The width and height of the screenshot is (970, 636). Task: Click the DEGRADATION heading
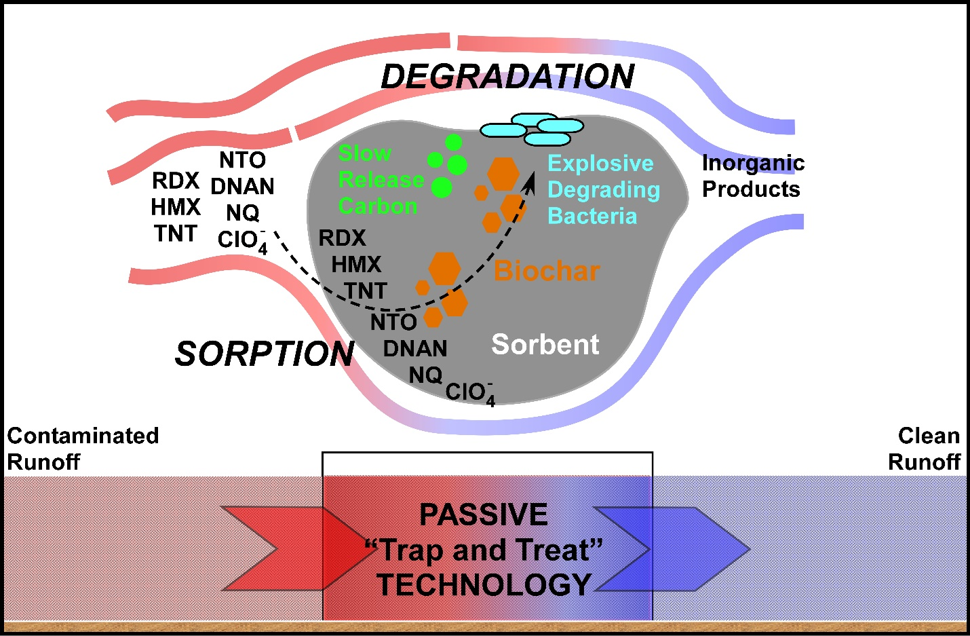507,77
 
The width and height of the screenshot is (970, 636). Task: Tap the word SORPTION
265,354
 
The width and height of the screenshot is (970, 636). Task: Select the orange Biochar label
547,271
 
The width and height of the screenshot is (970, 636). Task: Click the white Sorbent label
545,345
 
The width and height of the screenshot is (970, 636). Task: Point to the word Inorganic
753,163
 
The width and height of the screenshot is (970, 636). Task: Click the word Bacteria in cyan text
592,217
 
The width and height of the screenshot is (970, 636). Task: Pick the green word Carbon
378,206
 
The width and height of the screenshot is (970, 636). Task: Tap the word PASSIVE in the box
484,515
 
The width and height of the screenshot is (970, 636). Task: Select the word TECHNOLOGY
484,584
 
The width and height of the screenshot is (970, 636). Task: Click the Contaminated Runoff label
83,449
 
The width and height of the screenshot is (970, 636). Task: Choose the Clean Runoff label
925,449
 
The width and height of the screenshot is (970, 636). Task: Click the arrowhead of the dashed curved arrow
531,180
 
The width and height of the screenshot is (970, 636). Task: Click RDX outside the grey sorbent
176,181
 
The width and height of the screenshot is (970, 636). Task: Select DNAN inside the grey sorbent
415,349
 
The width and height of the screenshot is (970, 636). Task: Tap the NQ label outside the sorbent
243,213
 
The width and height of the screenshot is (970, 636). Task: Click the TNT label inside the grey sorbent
366,291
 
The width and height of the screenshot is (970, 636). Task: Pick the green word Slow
365,153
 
